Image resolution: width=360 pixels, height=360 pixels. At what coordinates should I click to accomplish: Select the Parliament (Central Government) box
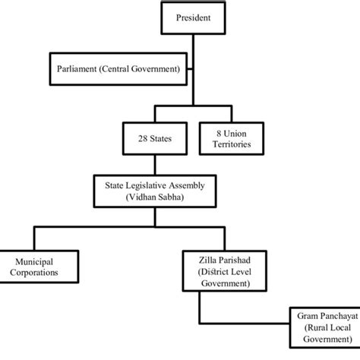118,69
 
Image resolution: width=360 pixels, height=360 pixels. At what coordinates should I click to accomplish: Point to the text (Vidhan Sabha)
155,197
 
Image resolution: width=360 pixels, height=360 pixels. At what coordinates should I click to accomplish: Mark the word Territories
237,144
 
